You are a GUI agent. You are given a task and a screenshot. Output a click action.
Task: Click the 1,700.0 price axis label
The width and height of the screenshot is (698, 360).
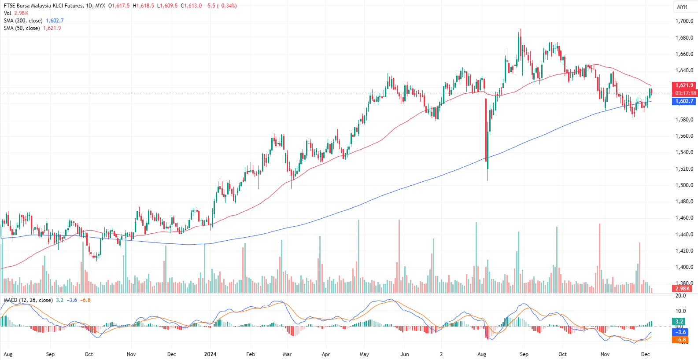684,21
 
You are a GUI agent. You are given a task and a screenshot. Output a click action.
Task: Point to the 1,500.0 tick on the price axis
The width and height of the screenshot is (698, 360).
684,185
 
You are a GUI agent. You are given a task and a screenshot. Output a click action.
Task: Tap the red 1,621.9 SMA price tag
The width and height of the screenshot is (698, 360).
684,85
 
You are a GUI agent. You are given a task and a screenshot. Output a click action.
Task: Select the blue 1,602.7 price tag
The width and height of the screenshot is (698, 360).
684,101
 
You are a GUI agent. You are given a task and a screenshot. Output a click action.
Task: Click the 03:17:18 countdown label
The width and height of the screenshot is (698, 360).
686,93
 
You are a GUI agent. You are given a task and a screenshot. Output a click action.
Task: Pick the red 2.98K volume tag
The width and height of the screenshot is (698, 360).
682,289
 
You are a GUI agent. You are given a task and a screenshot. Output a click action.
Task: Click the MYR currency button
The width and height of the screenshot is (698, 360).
682,7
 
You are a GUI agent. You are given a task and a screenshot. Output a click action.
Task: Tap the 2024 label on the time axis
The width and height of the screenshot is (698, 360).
211,354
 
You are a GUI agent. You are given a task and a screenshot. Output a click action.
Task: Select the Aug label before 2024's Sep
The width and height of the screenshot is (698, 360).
482,354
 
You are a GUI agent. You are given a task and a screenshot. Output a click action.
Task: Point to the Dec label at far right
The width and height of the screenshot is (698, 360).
646,354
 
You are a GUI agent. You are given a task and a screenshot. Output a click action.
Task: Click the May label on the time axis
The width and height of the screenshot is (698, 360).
364,354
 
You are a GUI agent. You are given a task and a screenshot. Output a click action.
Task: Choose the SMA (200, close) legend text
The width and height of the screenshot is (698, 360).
23,21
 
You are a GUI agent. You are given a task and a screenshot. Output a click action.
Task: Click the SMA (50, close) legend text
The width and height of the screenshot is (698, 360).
22,28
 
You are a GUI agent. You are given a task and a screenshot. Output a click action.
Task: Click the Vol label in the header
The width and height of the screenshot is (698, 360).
7,13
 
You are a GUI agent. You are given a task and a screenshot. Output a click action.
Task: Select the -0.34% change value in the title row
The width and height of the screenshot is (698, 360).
227,6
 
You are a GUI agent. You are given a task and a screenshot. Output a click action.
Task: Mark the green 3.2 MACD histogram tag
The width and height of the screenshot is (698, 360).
679,322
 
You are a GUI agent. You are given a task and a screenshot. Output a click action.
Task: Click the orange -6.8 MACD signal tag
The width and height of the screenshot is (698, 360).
681,340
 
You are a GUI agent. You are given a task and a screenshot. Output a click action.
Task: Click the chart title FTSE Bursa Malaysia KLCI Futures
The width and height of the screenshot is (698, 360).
43,6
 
